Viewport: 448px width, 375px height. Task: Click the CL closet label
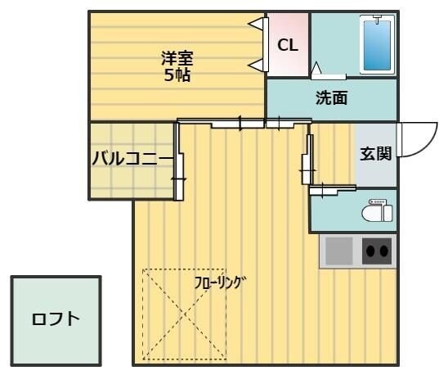pyautogui.click(x=287, y=45)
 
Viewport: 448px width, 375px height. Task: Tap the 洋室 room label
pyautogui.click(x=177, y=58)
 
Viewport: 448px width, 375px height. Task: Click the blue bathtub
pyautogui.click(x=377, y=44)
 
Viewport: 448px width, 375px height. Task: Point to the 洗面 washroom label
pyautogui.click(x=332, y=98)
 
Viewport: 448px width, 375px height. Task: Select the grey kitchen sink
pyautogui.click(x=338, y=251)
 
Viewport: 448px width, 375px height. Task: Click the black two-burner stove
pyautogui.click(x=377, y=251)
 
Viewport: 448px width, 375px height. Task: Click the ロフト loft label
pyautogui.click(x=56, y=319)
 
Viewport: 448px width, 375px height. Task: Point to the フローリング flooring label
pyautogui.click(x=219, y=283)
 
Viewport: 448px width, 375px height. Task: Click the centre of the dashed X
pyautogui.click(x=186, y=314)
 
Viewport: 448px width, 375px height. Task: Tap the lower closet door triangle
pyautogui.click(x=257, y=64)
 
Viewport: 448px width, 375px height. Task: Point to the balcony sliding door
pyautogui.click(x=179, y=161)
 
